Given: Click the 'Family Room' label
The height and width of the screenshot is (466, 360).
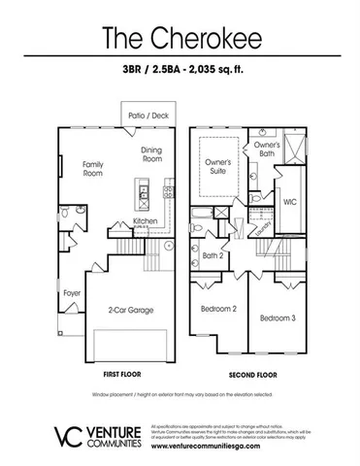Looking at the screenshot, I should point(93,170).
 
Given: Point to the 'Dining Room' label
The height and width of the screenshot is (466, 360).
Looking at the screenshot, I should point(152,155).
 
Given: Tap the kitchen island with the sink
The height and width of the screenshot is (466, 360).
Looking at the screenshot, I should point(142,200).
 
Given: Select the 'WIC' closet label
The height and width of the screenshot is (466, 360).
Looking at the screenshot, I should point(289,203).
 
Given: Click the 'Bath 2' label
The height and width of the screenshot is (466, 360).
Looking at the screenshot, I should point(213,256).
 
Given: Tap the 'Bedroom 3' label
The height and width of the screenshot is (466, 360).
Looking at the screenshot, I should point(277,317).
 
